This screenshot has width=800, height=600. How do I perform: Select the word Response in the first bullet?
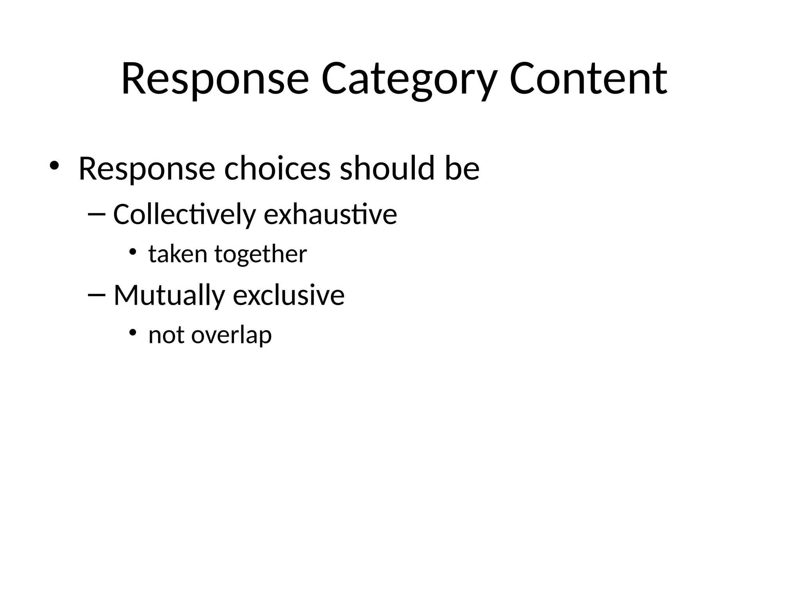[146, 169]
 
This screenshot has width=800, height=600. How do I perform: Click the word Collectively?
[184, 214]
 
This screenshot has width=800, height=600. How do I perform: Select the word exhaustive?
[330, 214]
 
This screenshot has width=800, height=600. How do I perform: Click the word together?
[261, 255]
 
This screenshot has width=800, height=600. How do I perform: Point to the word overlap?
[231, 336]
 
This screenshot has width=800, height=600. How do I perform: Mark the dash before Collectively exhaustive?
[96, 214]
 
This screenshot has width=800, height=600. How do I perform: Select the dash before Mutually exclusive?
[96, 295]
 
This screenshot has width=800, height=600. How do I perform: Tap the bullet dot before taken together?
[133, 251]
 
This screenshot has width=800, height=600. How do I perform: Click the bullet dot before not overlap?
[133, 332]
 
